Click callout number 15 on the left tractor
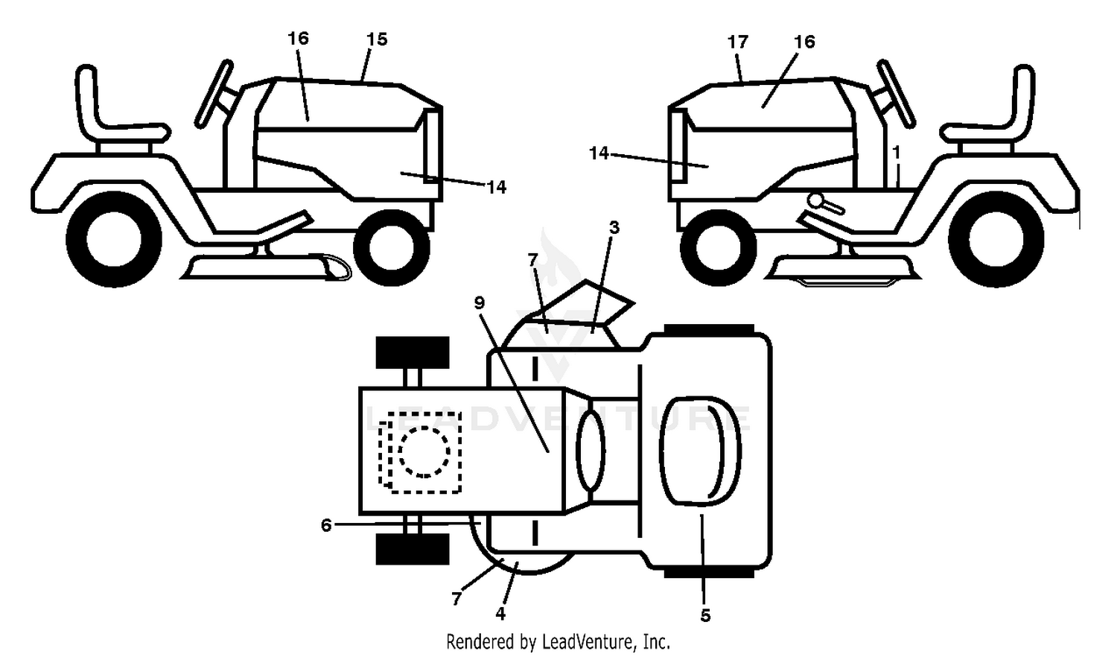click(377, 39)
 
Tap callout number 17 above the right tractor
click(738, 42)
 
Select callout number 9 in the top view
click(480, 303)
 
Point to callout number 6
click(326, 525)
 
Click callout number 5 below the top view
click(705, 616)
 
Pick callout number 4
click(500, 614)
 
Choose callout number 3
click(614, 228)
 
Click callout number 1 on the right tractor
click(897, 152)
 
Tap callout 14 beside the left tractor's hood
click(496, 188)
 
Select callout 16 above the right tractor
click(804, 42)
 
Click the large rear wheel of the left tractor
click(114, 238)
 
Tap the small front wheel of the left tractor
click(392, 248)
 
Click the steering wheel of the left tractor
click(214, 95)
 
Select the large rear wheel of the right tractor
click(996, 238)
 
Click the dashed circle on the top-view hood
click(424, 452)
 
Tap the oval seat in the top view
click(700, 451)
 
